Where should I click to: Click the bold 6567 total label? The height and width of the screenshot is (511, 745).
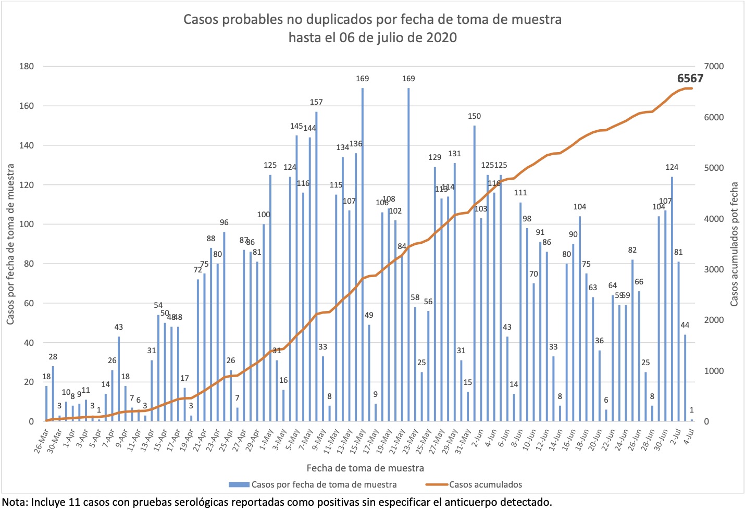(x=690, y=79)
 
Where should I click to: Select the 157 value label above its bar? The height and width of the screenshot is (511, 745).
(x=316, y=102)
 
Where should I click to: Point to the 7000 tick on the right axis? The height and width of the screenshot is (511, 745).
(x=714, y=67)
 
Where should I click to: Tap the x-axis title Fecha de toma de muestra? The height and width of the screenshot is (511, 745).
(x=365, y=468)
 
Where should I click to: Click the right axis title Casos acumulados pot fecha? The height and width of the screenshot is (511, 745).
(x=735, y=244)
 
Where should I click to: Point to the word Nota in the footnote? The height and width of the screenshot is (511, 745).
(x=15, y=502)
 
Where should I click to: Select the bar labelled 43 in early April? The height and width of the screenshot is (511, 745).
(x=119, y=379)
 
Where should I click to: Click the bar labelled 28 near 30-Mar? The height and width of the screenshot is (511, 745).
(x=53, y=394)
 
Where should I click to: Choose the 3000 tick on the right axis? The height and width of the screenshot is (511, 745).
(x=714, y=269)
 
